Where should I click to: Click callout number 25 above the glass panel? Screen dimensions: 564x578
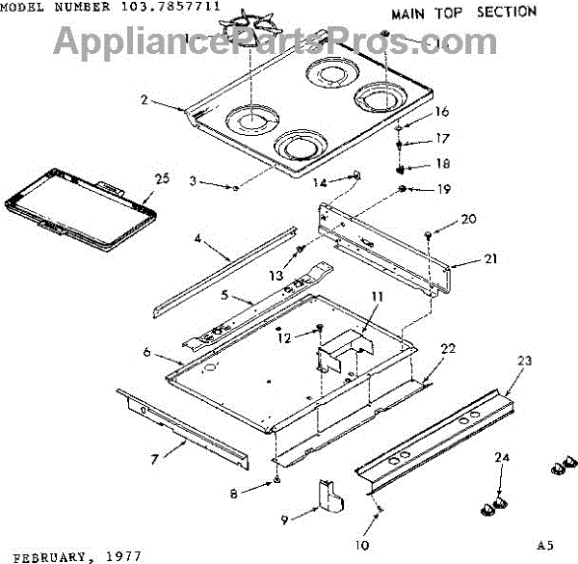click(x=161, y=177)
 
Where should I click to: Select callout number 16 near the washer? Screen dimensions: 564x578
click(x=442, y=112)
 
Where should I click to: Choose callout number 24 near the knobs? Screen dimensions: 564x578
click(x=500, y=456)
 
